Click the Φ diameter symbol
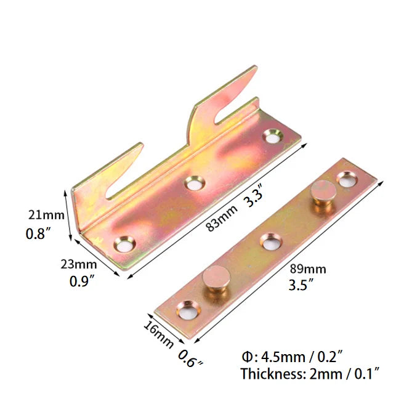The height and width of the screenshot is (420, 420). [x=246, y=356]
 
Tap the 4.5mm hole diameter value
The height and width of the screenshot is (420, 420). [x=281, y=356]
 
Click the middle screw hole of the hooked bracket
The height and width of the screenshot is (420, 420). [x=195, y=182]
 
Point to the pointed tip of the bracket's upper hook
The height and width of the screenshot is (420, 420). [x=253, y=68]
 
